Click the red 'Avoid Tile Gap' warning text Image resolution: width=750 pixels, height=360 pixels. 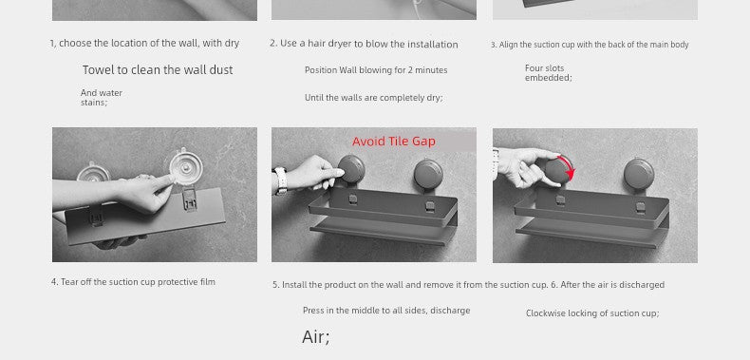(394, 142)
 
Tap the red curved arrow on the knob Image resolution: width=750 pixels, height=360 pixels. (570, 167)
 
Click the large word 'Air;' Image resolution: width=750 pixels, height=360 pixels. (316, 337)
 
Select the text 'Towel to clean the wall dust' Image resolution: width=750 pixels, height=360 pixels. (158, 70)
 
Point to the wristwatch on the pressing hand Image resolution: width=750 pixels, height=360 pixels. (281, 180)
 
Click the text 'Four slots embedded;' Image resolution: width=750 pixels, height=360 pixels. (548, 73)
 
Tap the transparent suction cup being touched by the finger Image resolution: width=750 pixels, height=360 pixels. (186, 167)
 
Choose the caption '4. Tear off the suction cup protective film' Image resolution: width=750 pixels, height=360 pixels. (133, 282)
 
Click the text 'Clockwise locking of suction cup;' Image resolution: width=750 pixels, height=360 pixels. (592, 313)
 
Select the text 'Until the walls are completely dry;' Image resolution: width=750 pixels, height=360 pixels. (373, 98)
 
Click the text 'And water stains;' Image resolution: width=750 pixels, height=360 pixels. (102, 97)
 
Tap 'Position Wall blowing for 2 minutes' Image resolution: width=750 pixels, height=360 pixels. (376, 70)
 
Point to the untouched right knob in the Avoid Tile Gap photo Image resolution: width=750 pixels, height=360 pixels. (428, 173)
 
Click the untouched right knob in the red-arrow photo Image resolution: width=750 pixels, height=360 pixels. (639, 173)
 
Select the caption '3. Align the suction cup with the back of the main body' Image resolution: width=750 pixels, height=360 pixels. (590, 45)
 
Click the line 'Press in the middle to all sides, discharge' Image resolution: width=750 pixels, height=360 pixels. (386, 311)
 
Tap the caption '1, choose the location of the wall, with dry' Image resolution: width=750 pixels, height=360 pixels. (144, 43)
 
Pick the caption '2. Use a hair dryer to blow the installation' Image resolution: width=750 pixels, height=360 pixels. (364, 44)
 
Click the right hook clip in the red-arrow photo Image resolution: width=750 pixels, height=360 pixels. (639, 207)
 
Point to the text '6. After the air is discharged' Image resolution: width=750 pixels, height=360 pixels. (608, 285)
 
